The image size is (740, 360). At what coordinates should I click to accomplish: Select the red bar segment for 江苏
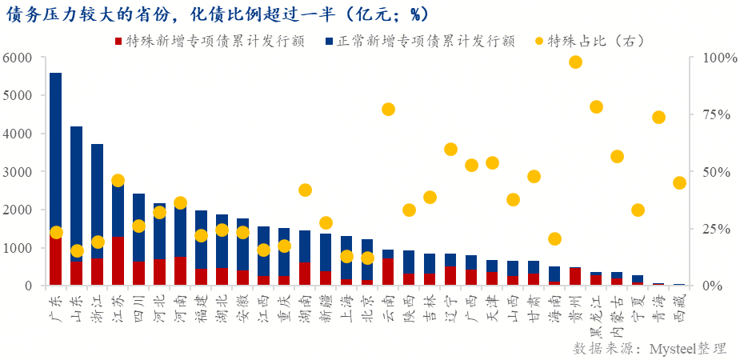[118, 261]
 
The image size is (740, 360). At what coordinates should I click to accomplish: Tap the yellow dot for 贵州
[575, 62]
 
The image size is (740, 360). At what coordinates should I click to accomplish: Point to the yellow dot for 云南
[388, 110]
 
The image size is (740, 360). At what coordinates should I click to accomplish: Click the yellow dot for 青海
[658, 118]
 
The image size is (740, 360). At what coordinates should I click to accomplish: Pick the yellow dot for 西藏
[679, 182]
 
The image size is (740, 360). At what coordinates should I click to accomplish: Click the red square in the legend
[118, 40]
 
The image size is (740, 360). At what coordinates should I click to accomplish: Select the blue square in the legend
[330, 40]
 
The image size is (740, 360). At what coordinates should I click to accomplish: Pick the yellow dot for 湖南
[305, 190]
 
